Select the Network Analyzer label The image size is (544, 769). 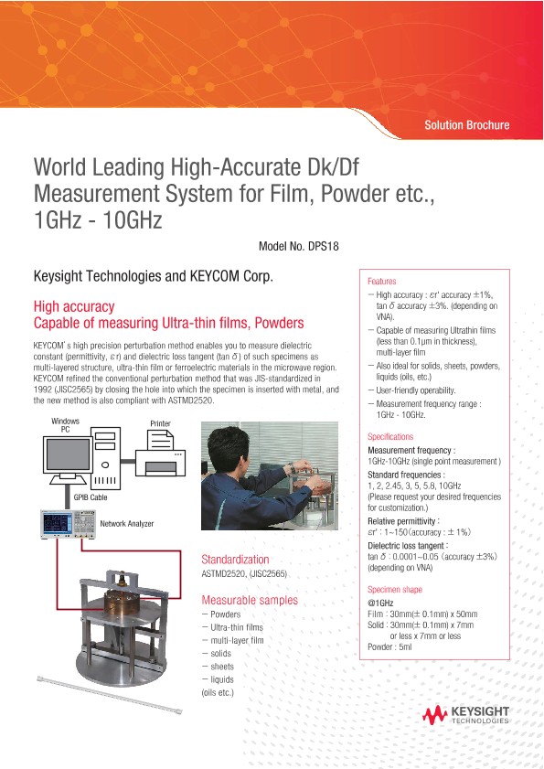pos(127,523)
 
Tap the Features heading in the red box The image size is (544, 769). pos(381,282)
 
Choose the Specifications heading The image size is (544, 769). pos(390,437)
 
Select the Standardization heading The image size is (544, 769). pos(235,559)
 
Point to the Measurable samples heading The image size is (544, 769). pos(249,600)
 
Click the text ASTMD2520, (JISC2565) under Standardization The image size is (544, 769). pos(244,573)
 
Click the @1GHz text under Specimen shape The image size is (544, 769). pos(380,603)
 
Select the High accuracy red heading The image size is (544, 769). pos(73,306)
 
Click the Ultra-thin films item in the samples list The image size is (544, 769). pos(236,627)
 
